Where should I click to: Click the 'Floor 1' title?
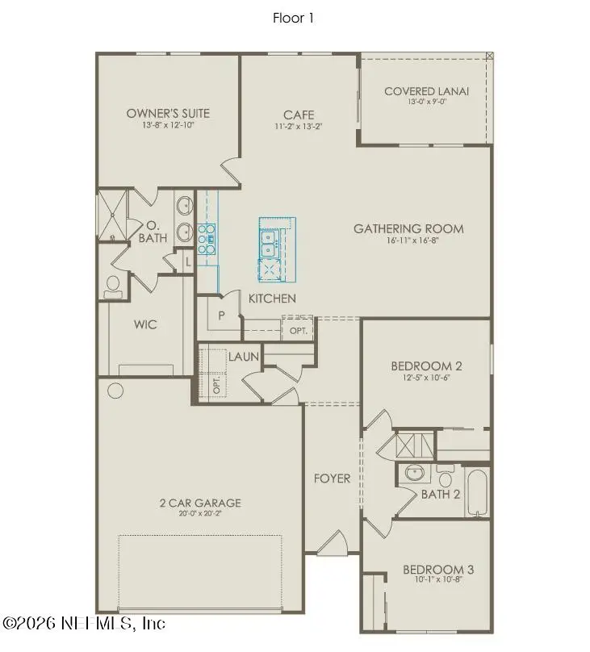293,19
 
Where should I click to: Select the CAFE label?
299,115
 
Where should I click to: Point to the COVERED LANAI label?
426,91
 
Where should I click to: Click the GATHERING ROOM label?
408,228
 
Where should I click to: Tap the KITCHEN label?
271,299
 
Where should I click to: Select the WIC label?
145,324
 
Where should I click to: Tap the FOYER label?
332,479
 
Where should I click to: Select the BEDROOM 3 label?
437,570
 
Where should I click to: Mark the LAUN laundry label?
242,356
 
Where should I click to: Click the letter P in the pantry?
220,315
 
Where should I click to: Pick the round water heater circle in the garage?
115,391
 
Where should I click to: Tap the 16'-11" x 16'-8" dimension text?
408,240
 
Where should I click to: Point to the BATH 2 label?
440,494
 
